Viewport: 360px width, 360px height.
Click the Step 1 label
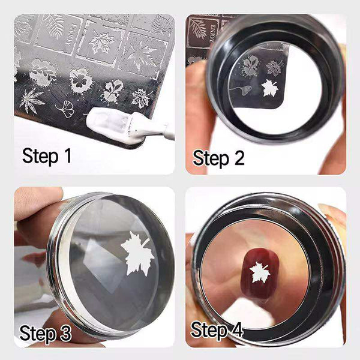point(47,157)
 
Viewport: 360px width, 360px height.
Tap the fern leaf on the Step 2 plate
point(198,28)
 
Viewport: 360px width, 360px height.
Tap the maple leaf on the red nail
point(260,272)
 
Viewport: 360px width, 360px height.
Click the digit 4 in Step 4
point(237,329)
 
